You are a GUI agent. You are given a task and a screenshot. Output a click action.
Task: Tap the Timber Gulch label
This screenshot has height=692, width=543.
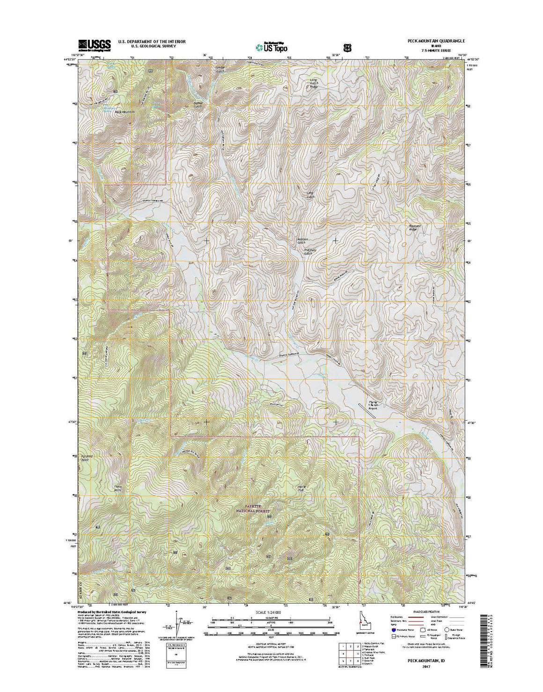220,69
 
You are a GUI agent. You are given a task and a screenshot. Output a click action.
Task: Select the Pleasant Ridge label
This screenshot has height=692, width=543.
412,228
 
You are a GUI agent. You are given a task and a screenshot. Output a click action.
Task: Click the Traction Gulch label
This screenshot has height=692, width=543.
310,252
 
